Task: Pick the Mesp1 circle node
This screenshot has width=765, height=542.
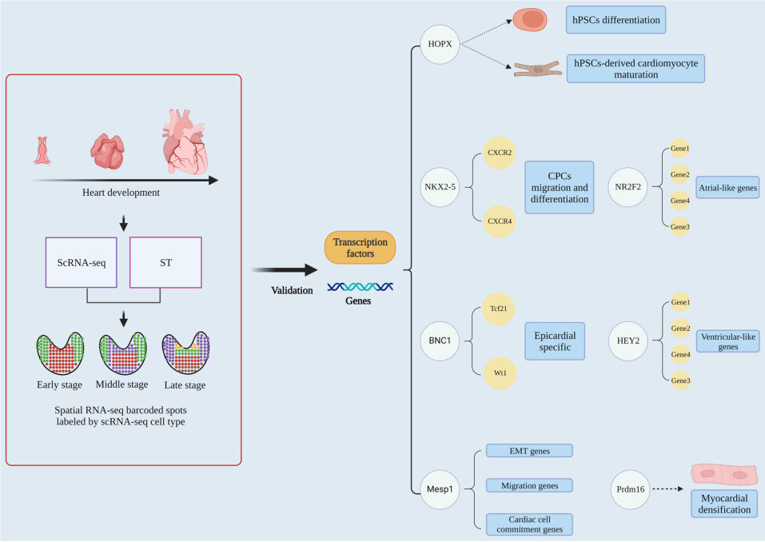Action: (440, 484)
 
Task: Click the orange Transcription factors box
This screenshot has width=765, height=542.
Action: (360, 248)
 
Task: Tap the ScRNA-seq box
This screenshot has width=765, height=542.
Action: (82, 261)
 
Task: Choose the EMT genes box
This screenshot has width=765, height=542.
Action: (528, 451)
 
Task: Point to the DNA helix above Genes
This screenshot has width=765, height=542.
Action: (359, 286)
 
